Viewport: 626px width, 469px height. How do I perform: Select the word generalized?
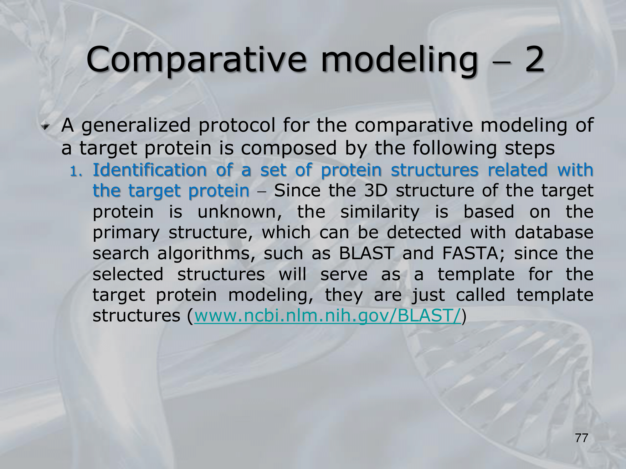pyautogui.click(x=136, y=126)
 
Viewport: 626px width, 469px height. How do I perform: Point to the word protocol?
pyautogui.click(x=237, y=126)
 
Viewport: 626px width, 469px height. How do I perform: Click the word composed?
pyautogui.click(x=289, y=149)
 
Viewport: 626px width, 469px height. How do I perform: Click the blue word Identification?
pyautogui.click(x=150, y=170)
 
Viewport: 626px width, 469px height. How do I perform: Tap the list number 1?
pyautogui.click(x=75, y=171)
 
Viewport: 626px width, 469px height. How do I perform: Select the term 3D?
pyautogui.click(x=376, y=191)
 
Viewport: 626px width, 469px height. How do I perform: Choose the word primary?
pyautogui.click(x=126, y=233)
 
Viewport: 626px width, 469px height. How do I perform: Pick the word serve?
pyautogui.click(x=344, y=275)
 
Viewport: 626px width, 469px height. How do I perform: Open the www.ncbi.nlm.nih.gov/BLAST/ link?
pyautogui.click(x=328, y=316)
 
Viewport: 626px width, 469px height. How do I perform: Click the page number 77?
pyautogui.click(x=582, y=438)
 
